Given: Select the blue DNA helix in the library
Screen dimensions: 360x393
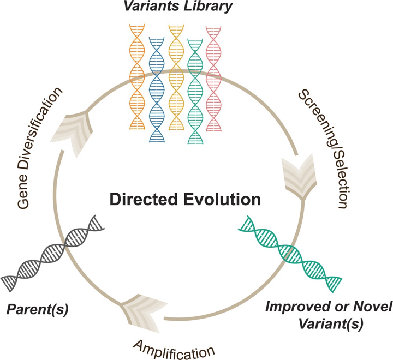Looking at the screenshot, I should click(157, 87).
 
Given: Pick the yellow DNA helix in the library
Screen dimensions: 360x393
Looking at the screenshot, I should click(175, 76).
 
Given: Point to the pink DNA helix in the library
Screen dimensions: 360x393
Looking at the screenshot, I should click(213, 76).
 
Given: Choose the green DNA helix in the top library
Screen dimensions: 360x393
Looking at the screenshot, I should click(194, 87).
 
